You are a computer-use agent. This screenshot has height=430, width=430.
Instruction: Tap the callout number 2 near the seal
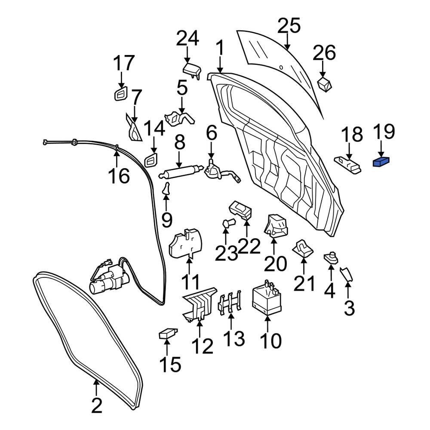[x=96, y=405]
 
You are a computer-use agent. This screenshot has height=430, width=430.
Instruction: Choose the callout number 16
[x=118, y=175]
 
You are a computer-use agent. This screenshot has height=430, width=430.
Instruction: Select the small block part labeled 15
[x=167, y=333]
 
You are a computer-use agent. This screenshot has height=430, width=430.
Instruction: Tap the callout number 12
[x=202, y=345]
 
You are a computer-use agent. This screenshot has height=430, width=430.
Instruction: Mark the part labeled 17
[x=121, y=94]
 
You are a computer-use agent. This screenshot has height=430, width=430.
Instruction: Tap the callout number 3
[x=349, y=307]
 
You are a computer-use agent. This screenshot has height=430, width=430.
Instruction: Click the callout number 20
[x=275, y=264]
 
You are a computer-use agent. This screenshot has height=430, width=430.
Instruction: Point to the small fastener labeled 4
[x=331, y=258]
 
